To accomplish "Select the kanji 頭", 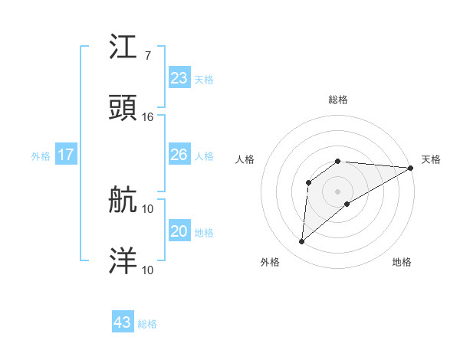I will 123,107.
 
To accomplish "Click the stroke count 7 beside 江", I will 147,56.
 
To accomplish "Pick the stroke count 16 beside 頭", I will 148,116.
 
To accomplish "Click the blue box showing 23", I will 179,78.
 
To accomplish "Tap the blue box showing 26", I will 179,155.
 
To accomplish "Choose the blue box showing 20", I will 179,231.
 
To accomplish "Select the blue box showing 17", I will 66,155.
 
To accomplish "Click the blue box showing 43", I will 123,322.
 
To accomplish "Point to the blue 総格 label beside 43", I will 147,324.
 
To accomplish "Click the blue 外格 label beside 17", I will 41,156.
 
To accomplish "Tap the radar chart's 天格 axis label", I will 431,159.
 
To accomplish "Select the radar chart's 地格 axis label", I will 402,263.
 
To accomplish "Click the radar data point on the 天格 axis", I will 410,168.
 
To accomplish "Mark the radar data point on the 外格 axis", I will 302,242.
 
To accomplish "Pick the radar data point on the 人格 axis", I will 309,182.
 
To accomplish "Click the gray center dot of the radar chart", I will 338,191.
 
